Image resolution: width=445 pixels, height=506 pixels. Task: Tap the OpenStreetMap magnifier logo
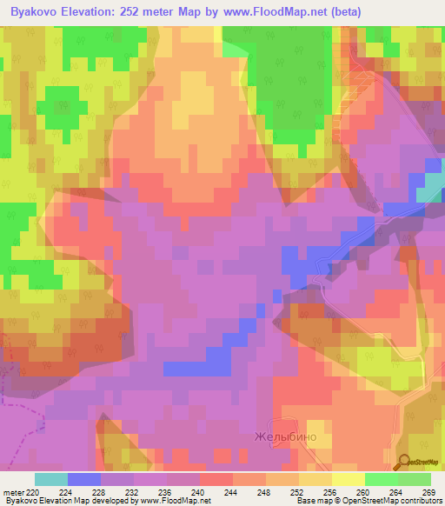(405, 463)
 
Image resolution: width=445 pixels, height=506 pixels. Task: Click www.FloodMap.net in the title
(270, 12)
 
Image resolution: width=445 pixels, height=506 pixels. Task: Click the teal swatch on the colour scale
(51, 479)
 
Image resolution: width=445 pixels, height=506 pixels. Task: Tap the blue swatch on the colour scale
(84, 479)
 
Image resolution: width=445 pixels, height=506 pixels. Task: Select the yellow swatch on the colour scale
(348, 479)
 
